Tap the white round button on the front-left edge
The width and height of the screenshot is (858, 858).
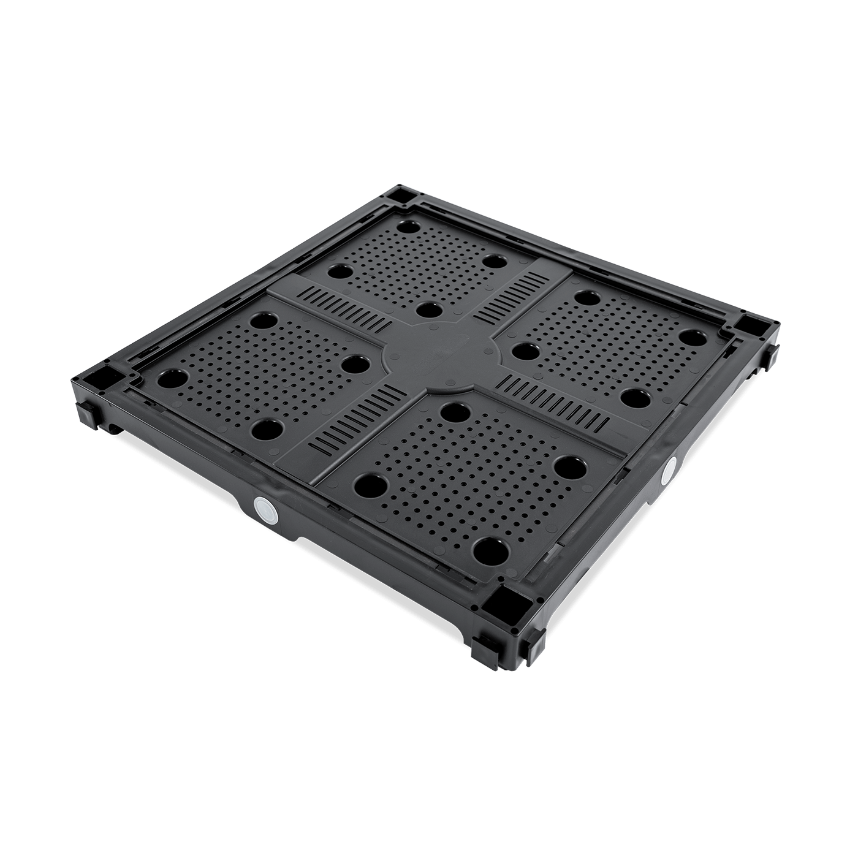[x=265, y=509]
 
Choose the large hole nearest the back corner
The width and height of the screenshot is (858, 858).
[x=405, y=226]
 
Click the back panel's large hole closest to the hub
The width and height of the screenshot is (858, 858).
[x=430, y=309]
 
